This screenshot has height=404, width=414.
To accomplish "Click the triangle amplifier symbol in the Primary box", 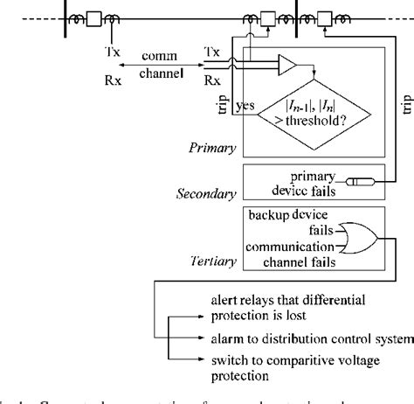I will point(286,65).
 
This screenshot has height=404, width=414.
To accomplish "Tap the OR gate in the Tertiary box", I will point(360,236).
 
